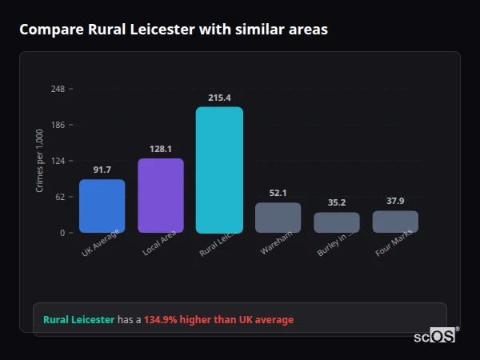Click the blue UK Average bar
coord(102,206)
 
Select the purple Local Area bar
coord(161,196)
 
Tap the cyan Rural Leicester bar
coord(219,170)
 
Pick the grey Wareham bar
coord(278,218)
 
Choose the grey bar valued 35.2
coord(336,222)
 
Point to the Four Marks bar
coord(395,222)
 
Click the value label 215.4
coord(219,98)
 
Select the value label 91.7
coord(102,170)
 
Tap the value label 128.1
coord(161,149)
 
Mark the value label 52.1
coord(278,193)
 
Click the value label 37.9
coord(395,201)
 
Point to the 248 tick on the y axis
coord(58,89)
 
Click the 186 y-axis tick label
coord(58,125)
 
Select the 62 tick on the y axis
coord(60,197)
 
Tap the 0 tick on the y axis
coord(62,233)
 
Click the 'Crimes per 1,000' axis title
coord(40,161)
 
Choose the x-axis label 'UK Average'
coord(101,245)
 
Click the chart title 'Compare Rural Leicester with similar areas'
coord(173,29)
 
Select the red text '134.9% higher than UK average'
coord(218,319)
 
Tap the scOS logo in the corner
coord(435,336)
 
